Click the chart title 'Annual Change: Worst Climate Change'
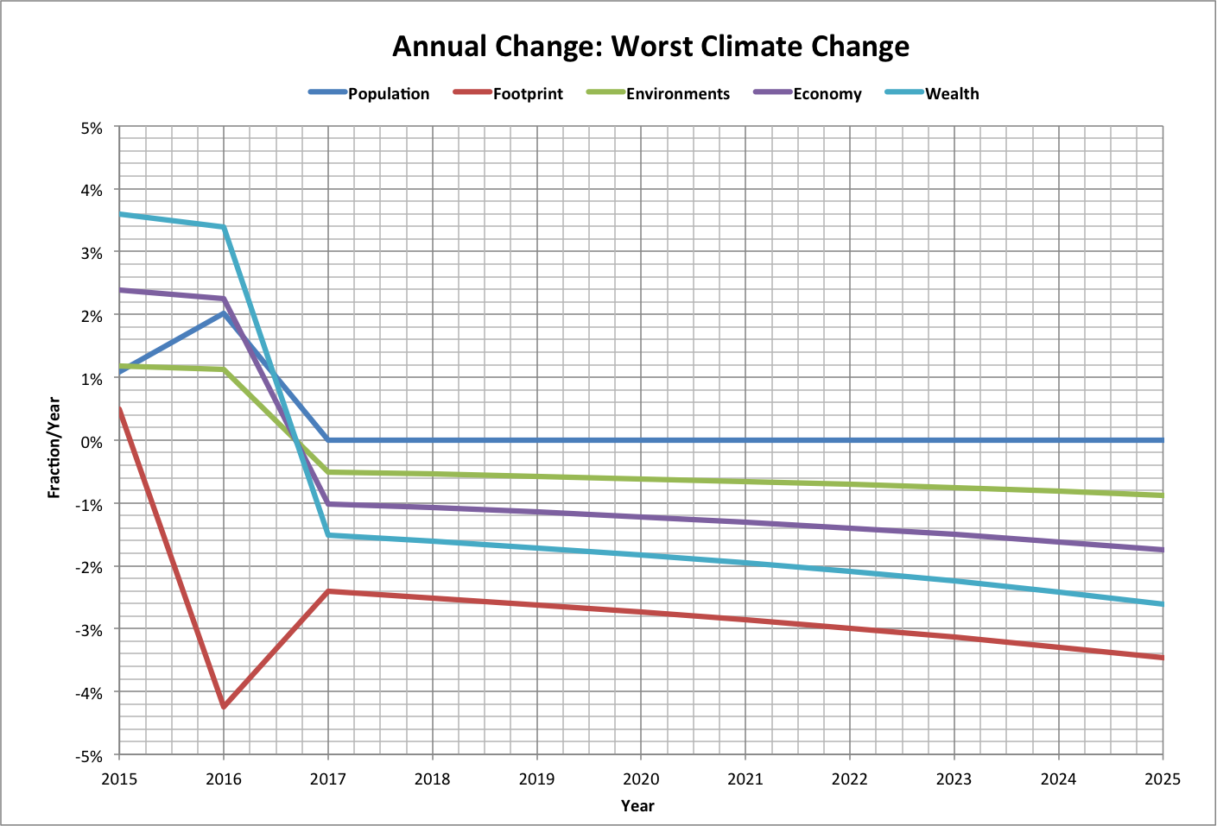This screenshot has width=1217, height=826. pyautogui.click(x=650, y=46)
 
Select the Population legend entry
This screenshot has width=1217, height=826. pyautogui.click(x=388, y=94)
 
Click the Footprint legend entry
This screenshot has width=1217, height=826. pyautogui.click(x=527, y=94)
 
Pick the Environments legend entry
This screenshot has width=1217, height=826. pyautogui.click(x=677, y=94)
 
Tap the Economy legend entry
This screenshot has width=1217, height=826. pyautogui.click(x=827, y=94)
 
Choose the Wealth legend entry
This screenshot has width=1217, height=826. pyautogui.click(x=951, y=94)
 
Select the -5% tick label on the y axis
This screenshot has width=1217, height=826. pyautogui.click(x=90, y=756)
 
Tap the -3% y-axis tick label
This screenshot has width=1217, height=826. pyautogui.click(x=90, y=630)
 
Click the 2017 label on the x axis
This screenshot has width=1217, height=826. pyautogui.click(x=328, y=779)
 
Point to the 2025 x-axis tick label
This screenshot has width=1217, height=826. pyautogui.click(x=1162, y=779)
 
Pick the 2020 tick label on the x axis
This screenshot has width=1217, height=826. pyautogui.click(x=641, y=779)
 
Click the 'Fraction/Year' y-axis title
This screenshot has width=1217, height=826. pyautogui.click(x=54, y=447)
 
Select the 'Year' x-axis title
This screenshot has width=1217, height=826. pyautogui.click(x=637, y=806)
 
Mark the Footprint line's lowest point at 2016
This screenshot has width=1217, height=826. pyautogui.click(x=224, y=707)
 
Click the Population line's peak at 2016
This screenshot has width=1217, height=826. pyautogui.click(x=224, y=312)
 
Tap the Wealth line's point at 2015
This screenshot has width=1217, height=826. pyautogui.click(x=121, y=214)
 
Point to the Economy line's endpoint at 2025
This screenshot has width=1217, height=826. pyautogui.click(x=1162, y=550)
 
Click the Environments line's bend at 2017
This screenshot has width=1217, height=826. pyautogui.click(x=328, y=472)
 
